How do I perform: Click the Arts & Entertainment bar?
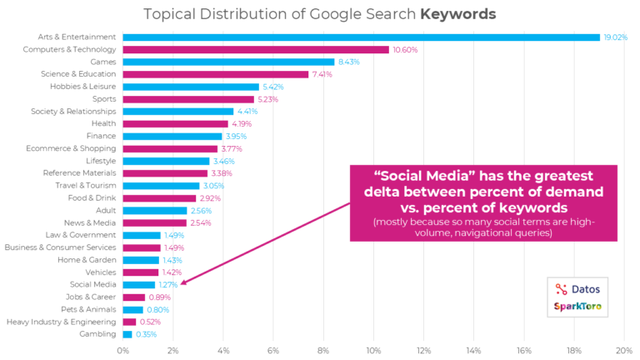[x=361, y=37]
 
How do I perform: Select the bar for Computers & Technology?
[x=256, y=49]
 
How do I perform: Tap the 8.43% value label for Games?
[x=348, y=62]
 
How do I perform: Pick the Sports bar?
[x=188, y=99]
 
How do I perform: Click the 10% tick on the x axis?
[x=373, y=350]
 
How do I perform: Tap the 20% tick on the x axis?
[x=623, y=350]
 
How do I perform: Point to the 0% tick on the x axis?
[x=122, y=350]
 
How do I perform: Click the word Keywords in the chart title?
[x=457, y=14]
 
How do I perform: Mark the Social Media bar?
[x=138, y=284]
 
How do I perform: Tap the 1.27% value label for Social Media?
[x=167, y=284]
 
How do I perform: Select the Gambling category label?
[x=98, y=334]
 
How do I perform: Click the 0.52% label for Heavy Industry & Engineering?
[x=150, y=322]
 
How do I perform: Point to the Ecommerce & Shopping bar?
[x=170, y=149]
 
